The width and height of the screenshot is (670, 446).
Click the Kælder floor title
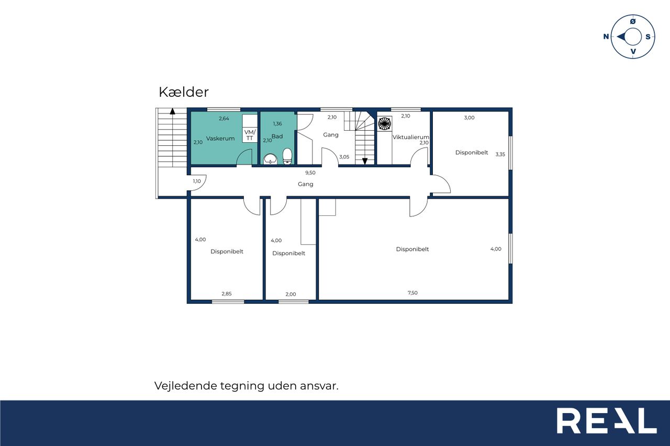tap(184, 92)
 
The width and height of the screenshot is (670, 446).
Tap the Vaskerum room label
tap(220, 139)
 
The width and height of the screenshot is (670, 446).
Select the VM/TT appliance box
tap(250, 135)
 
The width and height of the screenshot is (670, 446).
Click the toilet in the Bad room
tap(287, 156)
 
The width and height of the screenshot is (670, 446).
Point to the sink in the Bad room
tap(271, 159)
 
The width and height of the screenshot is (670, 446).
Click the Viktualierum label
tap(411, 137)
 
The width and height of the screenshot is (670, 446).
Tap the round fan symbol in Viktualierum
tap(384, 123)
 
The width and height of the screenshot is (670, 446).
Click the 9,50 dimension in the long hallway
tap(310, 173)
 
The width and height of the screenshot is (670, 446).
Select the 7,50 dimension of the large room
tap(412, 293)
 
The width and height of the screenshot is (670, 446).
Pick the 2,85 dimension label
tap(227, 294)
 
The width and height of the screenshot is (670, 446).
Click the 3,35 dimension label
tap(500, 154)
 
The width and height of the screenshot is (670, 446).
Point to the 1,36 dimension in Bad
tap(277, 124)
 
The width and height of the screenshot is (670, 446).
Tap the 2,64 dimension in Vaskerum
tap(224, 119)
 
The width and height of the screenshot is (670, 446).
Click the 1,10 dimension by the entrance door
tap(197, 181)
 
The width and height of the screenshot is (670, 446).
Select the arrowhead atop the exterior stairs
tap(173, 111)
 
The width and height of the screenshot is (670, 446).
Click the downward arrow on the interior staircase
tap(365, 162)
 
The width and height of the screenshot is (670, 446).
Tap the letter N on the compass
tap(606, 37)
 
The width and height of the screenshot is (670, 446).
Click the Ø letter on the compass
tap(633, 21)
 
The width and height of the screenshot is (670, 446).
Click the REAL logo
tap(606, 420)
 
